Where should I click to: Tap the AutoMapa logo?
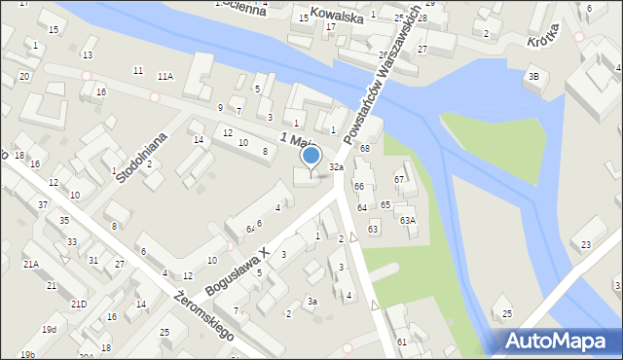pyautogui.click(x=556, y=342)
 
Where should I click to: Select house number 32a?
pyautogui.click(x=336, y=167)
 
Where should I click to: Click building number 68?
pyautogui.click(x=365, y=148)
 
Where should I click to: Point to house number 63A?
pyautogui.click(x=407, y=220)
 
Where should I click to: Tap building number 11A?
pyautogui.click(x=165, y=76)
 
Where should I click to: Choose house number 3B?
pyautogui.click(x=532, y=76)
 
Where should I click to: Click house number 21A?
pyautogui.click(x=31, y=264)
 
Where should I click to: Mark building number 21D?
pyautogui.click(x=78, y=305)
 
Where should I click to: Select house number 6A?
pyautogui.click(x=250, y=229)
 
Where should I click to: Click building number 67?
pyautogui.click(x=398, y=179)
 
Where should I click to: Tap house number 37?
pyautogui.click(x=42, y=204)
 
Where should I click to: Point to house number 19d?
pyautogui.click(x=49, y=330)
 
